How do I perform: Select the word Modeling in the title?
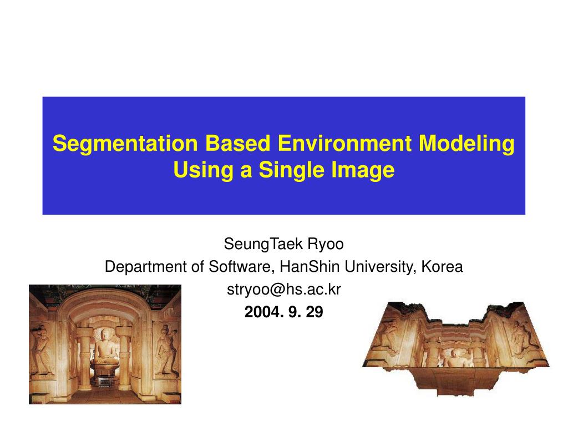466,144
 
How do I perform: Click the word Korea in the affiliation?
442,267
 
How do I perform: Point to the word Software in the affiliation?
240,267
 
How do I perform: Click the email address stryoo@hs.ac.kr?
283,290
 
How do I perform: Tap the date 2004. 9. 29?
283,312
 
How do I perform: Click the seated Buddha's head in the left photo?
105,335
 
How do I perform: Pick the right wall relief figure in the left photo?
165,349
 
